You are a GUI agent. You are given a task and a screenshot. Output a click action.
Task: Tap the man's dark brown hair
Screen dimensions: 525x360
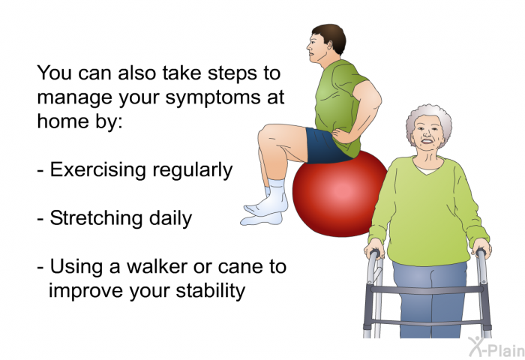(331, 36)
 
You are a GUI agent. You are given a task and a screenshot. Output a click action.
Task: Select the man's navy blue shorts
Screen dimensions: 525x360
(326, 146)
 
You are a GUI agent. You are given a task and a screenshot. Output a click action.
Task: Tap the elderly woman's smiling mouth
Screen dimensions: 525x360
(427, 141)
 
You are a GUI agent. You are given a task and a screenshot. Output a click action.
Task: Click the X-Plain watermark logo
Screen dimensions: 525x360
(496, 347)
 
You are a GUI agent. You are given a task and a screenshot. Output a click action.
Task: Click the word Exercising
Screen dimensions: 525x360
(97, 169)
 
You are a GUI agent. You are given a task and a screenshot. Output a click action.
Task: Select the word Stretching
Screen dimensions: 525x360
(97, 218)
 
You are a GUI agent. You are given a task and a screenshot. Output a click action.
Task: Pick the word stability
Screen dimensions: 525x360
(210, 290)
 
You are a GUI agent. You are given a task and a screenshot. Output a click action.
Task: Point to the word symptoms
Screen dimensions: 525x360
(213, 97)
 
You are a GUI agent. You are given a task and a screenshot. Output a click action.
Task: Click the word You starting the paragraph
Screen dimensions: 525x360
(54, 73)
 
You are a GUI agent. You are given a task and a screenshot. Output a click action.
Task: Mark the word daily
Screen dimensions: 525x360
(170, 218)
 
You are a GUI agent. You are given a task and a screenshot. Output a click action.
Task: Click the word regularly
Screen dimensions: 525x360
(193, 170)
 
